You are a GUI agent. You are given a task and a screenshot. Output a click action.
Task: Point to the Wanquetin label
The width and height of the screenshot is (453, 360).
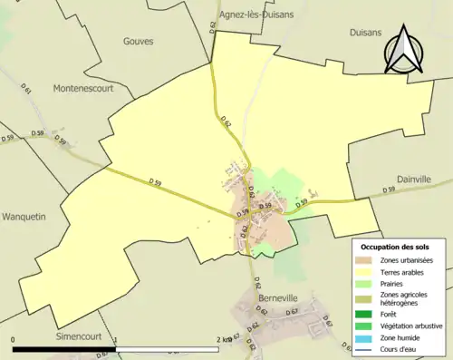tap(28, 218)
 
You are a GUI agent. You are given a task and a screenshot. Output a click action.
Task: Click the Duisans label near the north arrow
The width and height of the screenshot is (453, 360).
tap(367, 33)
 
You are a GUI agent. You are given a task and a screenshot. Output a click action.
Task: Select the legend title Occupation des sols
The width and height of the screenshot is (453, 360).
tap(396, 247)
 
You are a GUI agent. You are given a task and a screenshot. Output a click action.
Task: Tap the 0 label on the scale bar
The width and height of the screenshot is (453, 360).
tap(14, 339)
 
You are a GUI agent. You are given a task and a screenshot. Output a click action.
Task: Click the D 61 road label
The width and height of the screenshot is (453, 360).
tap(26, 91)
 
